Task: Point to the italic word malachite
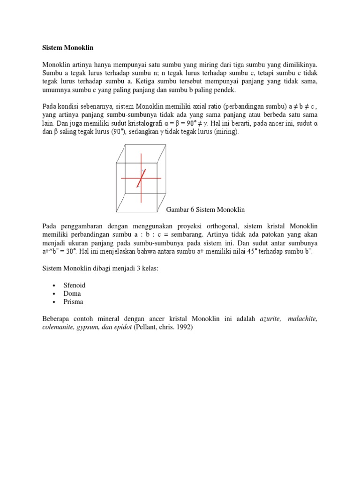click(302, 319)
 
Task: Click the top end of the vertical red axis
click(141, 154)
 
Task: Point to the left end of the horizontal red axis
click(121, 178)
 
